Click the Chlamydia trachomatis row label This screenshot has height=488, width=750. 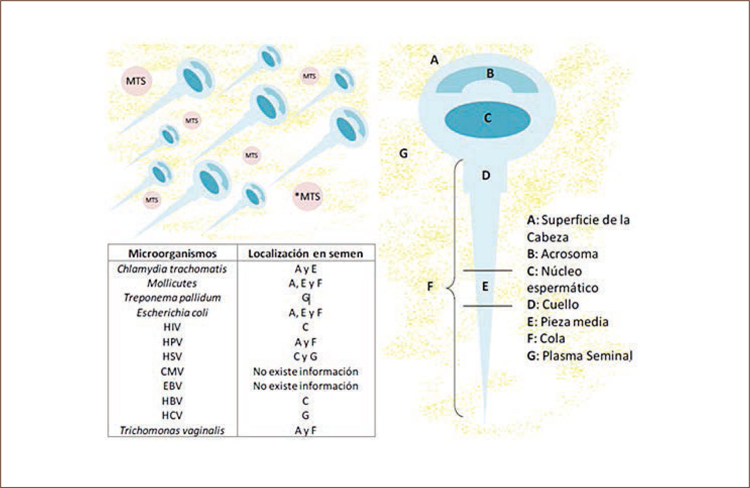pos(172,269)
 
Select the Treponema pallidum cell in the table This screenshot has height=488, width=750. pos(172,298)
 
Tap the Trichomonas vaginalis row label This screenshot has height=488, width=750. pos(172,430)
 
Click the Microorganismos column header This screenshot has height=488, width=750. pos(172,253)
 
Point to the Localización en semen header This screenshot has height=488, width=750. pos(306,254)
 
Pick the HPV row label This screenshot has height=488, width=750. pos(172,342)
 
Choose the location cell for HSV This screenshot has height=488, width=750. pos(306,356)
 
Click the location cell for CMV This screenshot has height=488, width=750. pos(306,371)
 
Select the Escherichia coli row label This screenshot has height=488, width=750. pos(172,312)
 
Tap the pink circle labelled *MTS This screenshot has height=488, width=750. pos(307,196)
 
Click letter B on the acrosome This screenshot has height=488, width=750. pos(490,73)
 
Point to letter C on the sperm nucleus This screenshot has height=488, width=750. pos(487,118)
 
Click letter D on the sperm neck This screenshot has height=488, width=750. pos(486,175)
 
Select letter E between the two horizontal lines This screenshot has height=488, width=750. pos(485,287)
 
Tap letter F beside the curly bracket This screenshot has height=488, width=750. pos(430,287)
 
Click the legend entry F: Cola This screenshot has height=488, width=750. pos(546,339)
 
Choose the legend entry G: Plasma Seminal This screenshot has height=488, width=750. pos(579,356)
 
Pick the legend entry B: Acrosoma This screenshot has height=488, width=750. pos(562,254)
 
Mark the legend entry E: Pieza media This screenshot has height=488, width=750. pos(567,322)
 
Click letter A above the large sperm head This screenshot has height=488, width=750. pos(434,60)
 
